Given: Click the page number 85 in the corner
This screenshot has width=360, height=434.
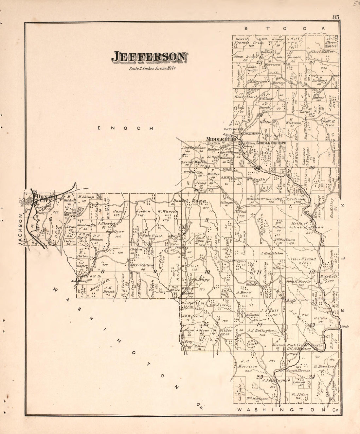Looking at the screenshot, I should (x=335, y=17).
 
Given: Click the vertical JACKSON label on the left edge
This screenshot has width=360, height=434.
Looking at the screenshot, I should (x=20, y=229).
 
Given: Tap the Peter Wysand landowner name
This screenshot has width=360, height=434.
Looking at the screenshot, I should (x=303, y=259).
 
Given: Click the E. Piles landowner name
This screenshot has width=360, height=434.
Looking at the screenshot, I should (x=319, y=318).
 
